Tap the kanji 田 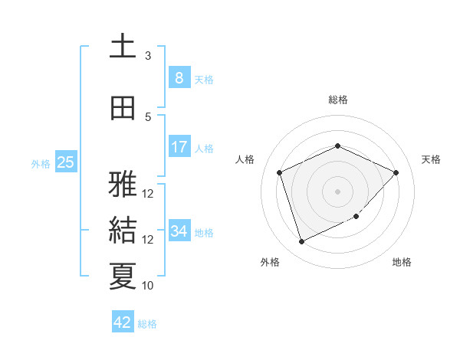(123, 108)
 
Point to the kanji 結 (123, 231)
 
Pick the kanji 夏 (123, 276)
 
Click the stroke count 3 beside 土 (148, 56)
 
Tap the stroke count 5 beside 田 (148, 116)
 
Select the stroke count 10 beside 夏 (148, 286)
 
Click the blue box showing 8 (179, 78)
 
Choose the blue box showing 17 (179, 146)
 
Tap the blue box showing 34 (179, 231)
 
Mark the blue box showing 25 (65, 162)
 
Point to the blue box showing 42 (123, 322)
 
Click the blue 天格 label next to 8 (204, 80)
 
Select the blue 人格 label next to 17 (204, 148)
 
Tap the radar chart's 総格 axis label (338, 100)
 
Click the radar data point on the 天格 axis (396, 172)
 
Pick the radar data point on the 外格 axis (301, 242)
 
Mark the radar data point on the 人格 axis (280, 172)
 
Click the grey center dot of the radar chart (338, 191)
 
